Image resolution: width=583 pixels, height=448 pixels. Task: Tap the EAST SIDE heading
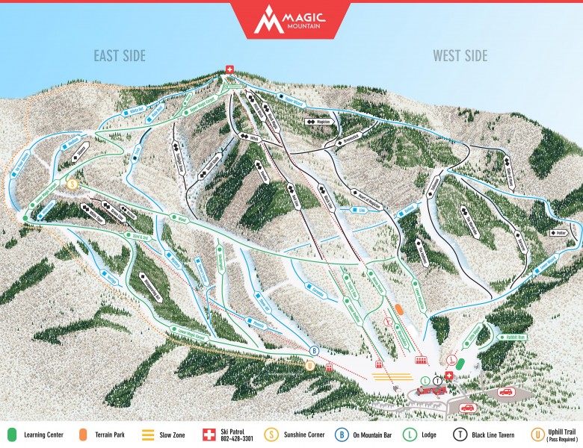click(x=120, y=56)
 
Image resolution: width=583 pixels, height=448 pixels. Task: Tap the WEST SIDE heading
click(x=460, y=56)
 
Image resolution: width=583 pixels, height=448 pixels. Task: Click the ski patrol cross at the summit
click(x=230, y=70)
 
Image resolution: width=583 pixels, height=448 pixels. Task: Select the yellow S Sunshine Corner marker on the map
click(x=73, y=182)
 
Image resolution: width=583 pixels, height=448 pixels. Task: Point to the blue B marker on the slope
click(x=315, y=350)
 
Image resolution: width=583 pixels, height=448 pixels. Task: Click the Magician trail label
click(x=319, y=120)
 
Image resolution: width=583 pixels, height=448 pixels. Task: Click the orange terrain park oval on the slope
click(x=400, y=308)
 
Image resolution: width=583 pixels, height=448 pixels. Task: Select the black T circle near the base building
click(x=437, y=381)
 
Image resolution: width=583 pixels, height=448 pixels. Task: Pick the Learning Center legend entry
click(x=37, y=434)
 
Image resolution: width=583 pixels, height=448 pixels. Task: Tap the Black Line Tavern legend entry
click(x=482, y=434)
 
